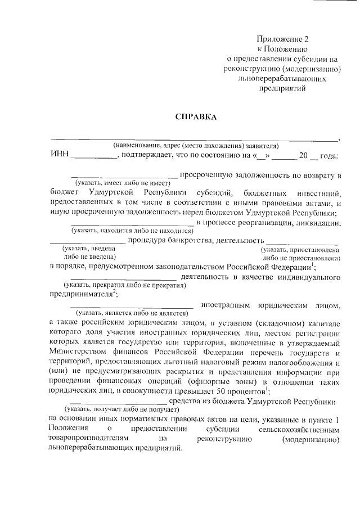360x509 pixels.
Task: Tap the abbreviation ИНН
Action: pyautogui.click(x=58, y=155)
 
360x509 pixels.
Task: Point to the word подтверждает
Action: pyautogui.click(x=145, y=156)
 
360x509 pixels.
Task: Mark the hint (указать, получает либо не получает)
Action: pyautogui.click(x=118, y=410)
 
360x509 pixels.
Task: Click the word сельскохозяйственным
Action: pyautogui.click(x=302, y=430)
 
